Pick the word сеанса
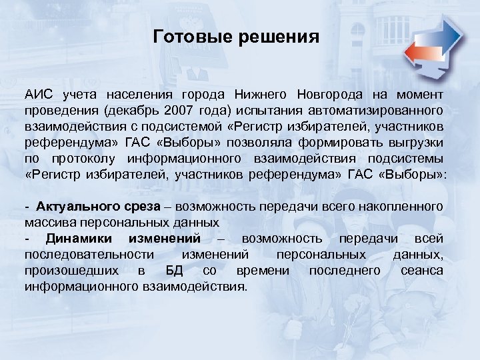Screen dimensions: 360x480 [422, 270]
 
